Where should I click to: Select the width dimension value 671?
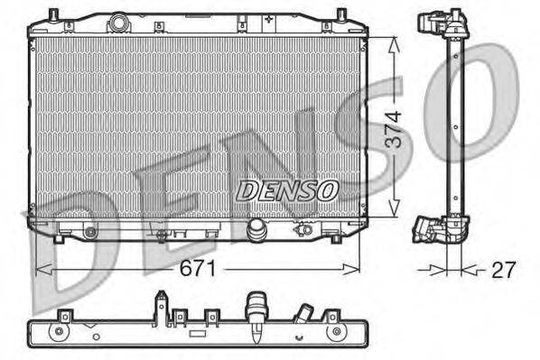[201, 269]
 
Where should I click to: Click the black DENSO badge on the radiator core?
[287, 190]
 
